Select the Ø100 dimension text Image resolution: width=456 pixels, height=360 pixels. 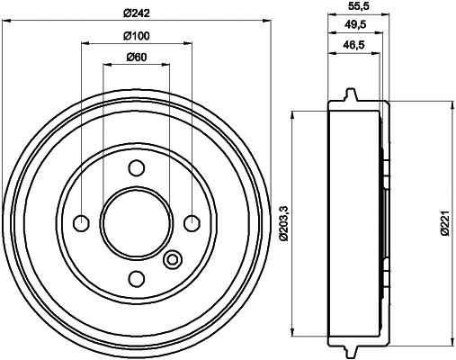coord(136,35)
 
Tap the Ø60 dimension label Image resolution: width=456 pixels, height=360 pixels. coord(136,57)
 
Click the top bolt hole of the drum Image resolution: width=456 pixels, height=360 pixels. coord(137,167)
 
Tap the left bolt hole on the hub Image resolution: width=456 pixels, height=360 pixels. coord(82,222)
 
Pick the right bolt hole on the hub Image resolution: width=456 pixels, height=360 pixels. coord(192,222)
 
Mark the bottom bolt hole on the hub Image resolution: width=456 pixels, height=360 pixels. coord(137,277)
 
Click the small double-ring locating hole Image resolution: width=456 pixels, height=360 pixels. coord(173,261)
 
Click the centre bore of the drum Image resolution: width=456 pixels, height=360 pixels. coord(137,222)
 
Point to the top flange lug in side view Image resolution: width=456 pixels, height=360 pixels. coord(351,95)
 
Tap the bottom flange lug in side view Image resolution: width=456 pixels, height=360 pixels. coord(351,349)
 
